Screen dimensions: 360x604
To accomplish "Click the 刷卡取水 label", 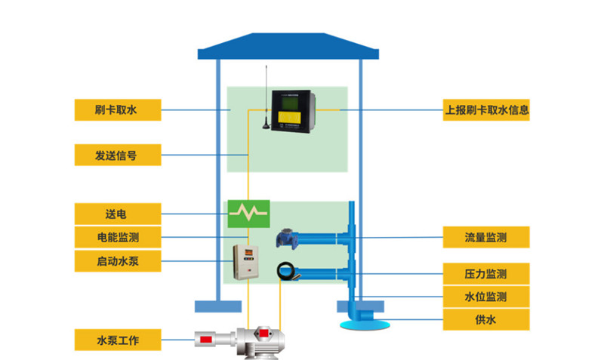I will coord(118,110).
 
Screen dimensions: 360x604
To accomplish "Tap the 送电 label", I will coord(118,213).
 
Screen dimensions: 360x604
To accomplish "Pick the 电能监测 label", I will coord(118,237).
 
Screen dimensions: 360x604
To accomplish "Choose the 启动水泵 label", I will coord(118,261).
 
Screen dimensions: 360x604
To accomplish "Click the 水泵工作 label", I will coord(118,340).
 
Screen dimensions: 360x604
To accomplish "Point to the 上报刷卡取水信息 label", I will coord(485,110).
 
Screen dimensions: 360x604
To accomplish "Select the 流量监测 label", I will coord(485,238).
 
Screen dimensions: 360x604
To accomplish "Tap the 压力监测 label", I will coord(485,273).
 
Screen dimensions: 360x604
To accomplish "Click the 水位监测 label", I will coord(485,297).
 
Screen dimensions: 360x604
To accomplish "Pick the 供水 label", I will coord(485,320).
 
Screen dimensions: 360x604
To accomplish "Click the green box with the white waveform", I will coord(249,214).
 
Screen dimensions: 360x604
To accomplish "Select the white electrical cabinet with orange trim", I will coord(247,262).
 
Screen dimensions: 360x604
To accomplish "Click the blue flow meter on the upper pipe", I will coord(288,238).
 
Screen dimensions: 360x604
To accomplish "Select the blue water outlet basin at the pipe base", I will coord(365,323).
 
